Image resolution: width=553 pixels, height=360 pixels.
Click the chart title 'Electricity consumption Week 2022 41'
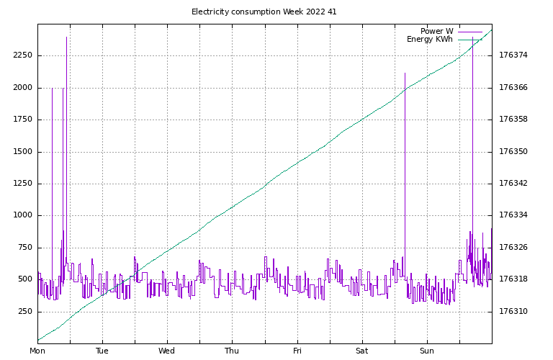click(x=264, y=12)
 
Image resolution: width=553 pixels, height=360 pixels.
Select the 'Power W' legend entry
click(x=437, y=31)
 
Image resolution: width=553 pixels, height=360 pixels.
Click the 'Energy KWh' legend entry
click(x=430, y=40)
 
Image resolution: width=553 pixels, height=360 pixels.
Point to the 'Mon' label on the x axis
click(x=37, y=351)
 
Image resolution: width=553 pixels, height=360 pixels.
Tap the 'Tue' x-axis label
click(x=102, y=351)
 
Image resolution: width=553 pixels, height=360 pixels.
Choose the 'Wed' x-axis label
click(x=167, y=351)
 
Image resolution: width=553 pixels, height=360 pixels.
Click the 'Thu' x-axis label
click(x=232, y=351)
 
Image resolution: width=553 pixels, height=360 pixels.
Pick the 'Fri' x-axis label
click(x=297, y=351)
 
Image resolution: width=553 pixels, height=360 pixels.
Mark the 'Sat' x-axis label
click(x=361, y=351)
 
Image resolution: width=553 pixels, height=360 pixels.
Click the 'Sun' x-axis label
click(x=426, y=351)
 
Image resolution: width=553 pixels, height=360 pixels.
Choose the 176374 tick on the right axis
click(x=513, y=55)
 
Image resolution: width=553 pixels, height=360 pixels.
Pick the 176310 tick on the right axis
click(x=513, y=312)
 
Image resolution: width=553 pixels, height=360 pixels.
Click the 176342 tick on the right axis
click(x=513, y=184)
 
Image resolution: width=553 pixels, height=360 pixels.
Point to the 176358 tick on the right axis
click(x=513, y=120)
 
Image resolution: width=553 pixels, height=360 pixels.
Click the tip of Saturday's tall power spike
click(x=405, y=73)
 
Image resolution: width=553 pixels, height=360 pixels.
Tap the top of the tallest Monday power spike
click(x=66, y=37)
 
